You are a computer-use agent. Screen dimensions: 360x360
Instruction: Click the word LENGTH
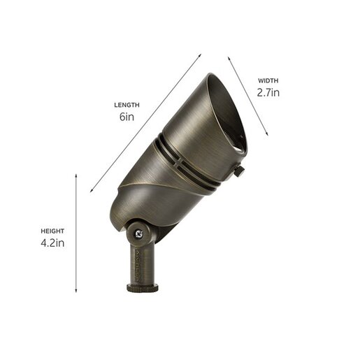click(x=127, y=105)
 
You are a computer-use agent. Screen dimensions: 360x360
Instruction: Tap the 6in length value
click(x=127, y=117)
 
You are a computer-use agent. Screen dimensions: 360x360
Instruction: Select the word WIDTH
click(x=268, y=81)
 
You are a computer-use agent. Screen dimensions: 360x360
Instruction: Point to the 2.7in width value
click(x=268, y=92)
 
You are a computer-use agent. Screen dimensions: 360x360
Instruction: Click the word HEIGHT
click(x=52, y=231)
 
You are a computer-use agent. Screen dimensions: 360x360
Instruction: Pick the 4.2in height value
click(x=52, y=243)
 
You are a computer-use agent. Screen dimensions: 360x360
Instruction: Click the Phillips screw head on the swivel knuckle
click(x=139, y=233)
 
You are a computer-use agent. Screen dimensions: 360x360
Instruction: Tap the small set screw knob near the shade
click(x=239, y=171)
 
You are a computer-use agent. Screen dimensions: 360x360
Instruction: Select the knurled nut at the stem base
click(x=143, y=287)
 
